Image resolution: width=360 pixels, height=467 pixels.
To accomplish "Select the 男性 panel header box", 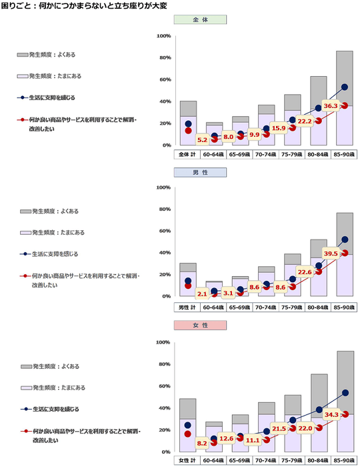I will point(200,172).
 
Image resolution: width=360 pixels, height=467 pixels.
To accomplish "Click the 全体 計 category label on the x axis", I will point(188,154).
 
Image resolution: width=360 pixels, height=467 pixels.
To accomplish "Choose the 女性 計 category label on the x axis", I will point(188,461).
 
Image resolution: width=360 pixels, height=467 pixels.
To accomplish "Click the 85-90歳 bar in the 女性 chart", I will point(345,400).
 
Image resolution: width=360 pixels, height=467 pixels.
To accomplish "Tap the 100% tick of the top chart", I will point(163,36).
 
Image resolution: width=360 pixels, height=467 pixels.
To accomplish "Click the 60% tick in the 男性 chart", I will point(163,231).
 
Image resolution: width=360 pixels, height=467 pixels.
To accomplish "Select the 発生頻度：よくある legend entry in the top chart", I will point(50,55).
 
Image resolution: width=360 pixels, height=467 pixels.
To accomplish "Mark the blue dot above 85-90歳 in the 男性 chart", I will point(345,240).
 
